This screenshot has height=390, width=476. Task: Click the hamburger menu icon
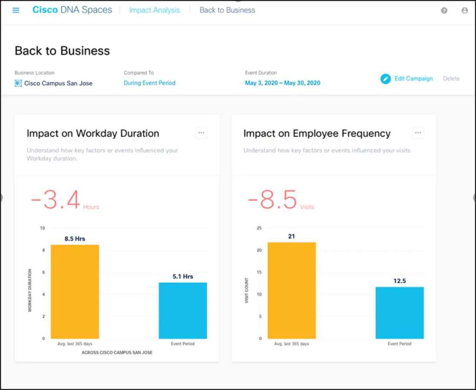16,10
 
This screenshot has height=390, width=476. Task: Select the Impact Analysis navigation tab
154,10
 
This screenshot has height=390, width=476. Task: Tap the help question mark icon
444,10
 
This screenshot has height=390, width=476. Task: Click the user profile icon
464,10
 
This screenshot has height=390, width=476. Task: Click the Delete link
451,79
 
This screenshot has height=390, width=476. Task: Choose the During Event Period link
150,83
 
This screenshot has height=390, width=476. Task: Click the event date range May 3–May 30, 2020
283,83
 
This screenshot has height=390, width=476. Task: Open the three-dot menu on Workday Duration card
201,133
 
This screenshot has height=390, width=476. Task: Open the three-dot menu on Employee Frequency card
418,133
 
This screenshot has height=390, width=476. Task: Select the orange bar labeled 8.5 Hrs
75,291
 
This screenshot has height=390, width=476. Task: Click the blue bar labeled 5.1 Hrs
183,311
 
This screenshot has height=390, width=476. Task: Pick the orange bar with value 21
291,291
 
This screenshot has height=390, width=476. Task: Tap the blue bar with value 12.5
400,313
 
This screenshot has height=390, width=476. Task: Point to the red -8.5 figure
272,201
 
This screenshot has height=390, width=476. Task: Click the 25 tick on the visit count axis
259,228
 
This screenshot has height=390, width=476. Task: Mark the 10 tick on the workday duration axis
42,228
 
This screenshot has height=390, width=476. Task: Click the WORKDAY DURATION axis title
30,290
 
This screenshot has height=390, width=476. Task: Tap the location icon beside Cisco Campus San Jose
18,83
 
